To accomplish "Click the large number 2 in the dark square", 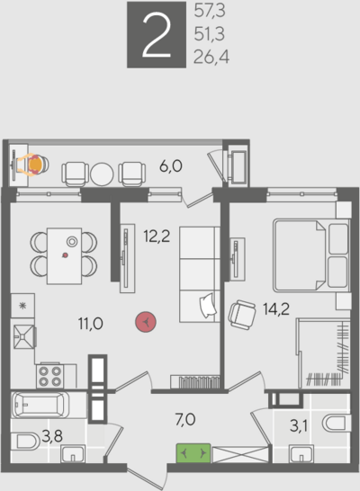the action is [157, 35].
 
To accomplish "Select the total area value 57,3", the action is [210, 11].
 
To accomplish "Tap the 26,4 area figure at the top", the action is [211, 57].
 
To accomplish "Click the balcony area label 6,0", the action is [171, 166].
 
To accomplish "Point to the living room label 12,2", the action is [157, 237].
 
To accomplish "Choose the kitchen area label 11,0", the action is [91, 324].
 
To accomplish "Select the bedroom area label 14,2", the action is [276, 309].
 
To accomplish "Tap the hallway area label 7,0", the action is [185, 420].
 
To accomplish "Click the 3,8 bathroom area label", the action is [52, 436].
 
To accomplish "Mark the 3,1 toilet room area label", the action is [299, 426].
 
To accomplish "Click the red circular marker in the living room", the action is [146, 322].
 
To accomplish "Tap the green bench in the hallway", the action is [193, 453].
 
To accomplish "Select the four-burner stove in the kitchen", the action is [49, 376].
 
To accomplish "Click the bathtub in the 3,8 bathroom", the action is [40, 405].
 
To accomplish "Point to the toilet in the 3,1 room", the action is [337, 423].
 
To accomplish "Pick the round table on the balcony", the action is [102, 174].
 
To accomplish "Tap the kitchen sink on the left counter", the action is [23, 336].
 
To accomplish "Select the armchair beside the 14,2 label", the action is [241, 315].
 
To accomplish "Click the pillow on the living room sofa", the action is [208, 306].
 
